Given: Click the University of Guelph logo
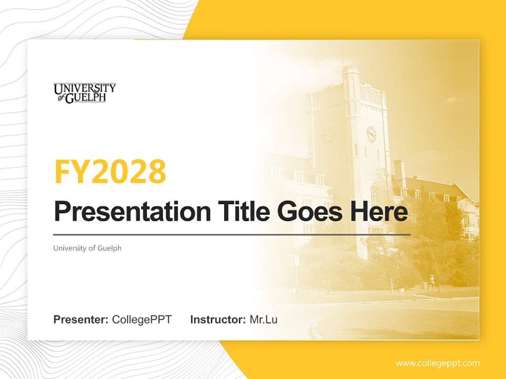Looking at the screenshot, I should click(x=84, y=93).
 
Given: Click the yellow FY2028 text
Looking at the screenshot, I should click(x=110, y=172).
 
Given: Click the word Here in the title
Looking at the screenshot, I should click(x=378, y=212).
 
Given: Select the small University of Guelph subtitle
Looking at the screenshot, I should click(x=87, y=248).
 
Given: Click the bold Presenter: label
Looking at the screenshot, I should click(x=81, y=320).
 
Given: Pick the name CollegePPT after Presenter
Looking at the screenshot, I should click(x=142, y=320).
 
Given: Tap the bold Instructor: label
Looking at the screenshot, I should click(x=218, y=320).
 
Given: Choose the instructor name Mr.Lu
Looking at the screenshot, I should click(x=264, y=320).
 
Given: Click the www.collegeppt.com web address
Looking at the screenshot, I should click(x=437, y=363).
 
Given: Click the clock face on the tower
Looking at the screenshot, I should click(x=371, y=134).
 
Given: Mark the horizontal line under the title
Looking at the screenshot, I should click(x=232, y=234).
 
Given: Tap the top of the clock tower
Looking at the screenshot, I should click(x=351, y=71).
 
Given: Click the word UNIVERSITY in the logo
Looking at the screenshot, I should click(x=84, y=88).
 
